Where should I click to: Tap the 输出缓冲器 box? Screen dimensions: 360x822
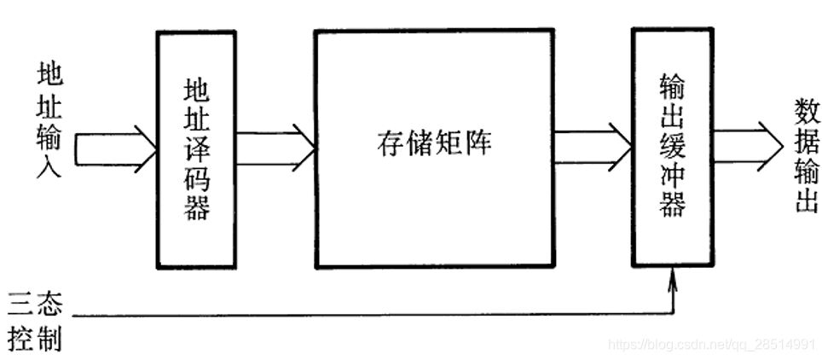click(673, 147)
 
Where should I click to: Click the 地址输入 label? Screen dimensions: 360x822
click(49, 119)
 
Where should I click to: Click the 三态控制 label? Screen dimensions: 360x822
click(34, 321)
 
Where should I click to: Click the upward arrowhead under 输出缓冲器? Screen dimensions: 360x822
click(674, 278)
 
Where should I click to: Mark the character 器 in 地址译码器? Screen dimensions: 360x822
click(197, 208)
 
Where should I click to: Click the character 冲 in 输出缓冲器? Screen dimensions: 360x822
click(673, 177)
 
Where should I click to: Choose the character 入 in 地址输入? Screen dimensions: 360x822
click(49, 165)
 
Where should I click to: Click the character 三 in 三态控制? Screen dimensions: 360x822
click(20, 305)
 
